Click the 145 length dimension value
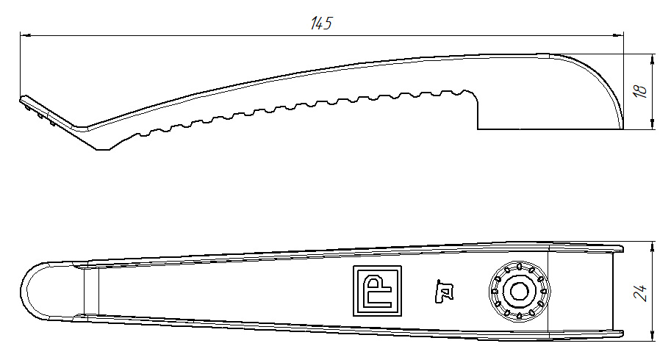(321, 24)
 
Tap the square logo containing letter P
(378, 290)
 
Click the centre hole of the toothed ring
(520, 291)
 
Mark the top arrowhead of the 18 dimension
(653, 58)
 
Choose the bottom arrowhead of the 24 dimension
(653, 337)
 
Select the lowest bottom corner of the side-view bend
(103, 149)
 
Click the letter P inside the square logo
(379, 287)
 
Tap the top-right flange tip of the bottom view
(622, 248)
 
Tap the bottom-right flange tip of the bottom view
(622, 337)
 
